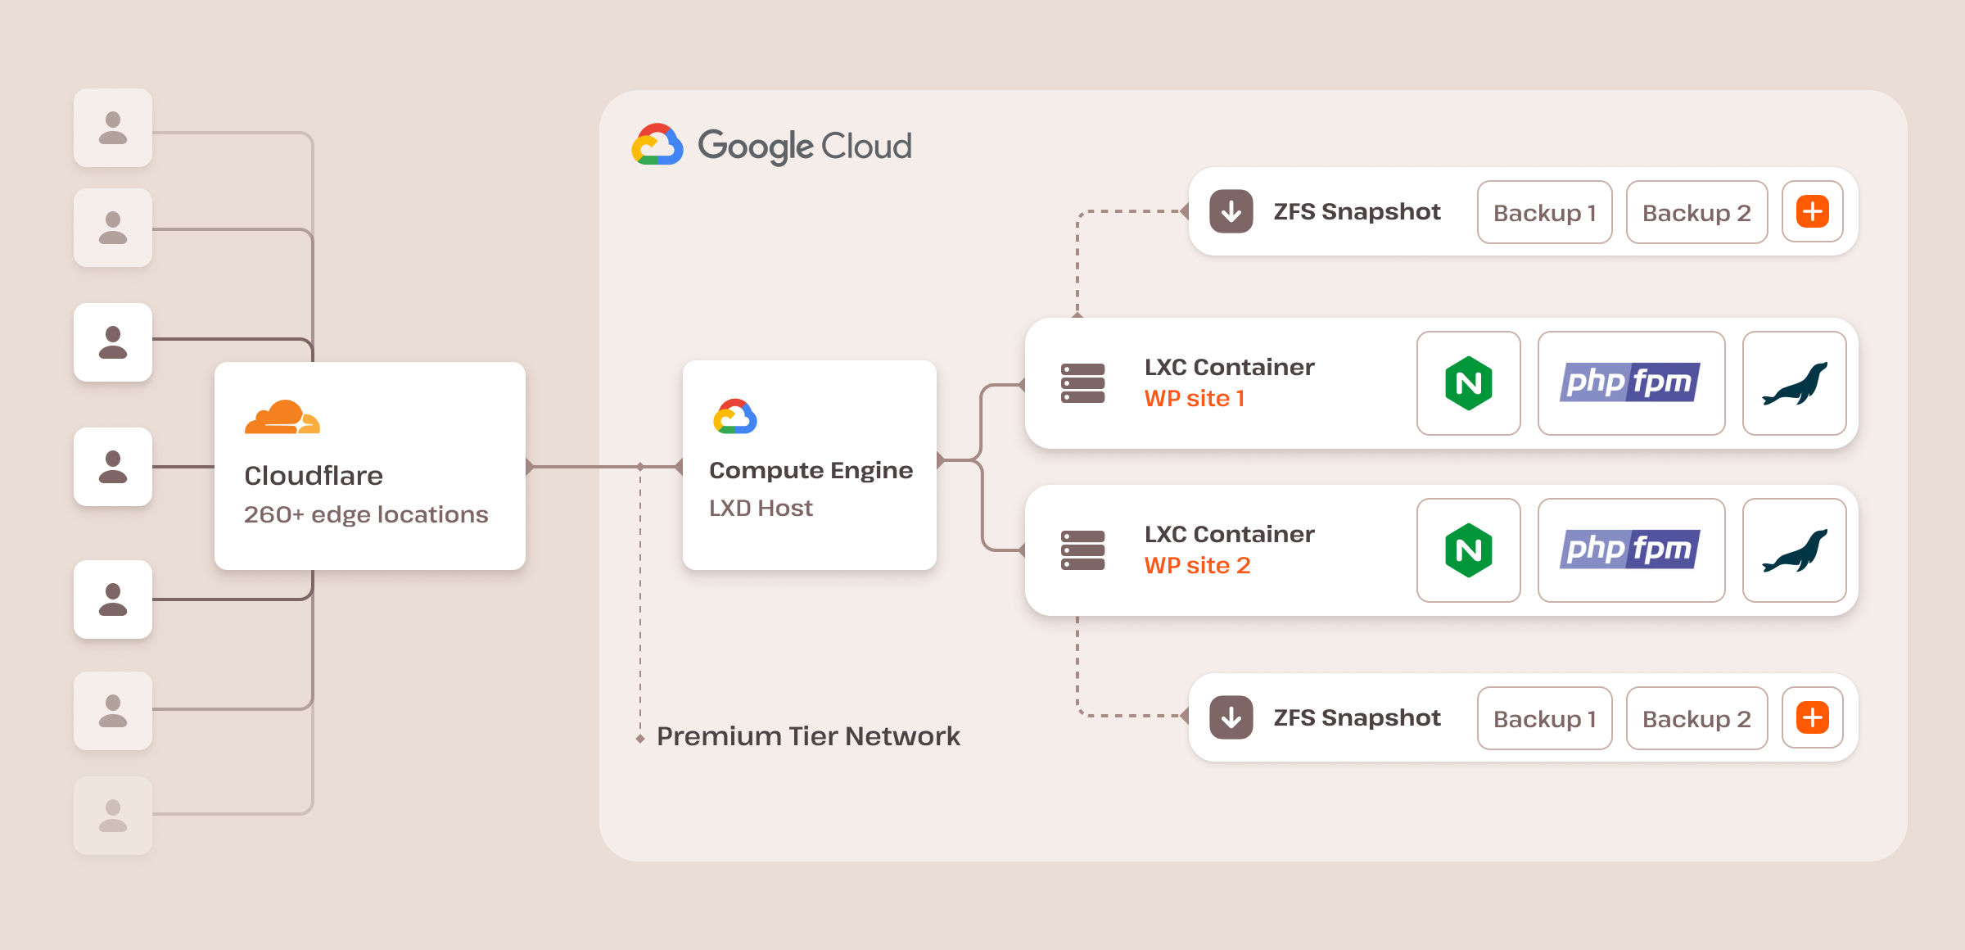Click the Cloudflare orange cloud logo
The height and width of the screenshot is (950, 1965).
click(282, 417)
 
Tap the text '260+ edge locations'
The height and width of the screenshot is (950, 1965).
click(366, 514)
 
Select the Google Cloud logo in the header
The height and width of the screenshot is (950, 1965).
click(657, 146)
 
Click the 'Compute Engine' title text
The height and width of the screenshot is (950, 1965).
click(811, 470)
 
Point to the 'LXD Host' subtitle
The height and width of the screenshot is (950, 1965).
click(761, 508)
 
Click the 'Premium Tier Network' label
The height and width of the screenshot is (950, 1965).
click(808, 736)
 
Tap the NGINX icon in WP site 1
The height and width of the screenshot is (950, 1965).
click(1468, 383)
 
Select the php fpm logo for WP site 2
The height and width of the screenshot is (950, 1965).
click(1630, 550)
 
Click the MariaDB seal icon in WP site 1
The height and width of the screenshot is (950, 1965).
click(1794, 383)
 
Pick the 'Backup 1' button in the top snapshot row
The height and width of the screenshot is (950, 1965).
click(1544, 213)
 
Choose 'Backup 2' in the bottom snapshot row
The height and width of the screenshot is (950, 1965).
click(1696, 718)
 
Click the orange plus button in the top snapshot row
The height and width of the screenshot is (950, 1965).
click(1813, 212)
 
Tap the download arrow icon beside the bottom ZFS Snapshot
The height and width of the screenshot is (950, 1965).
click(1231, 717)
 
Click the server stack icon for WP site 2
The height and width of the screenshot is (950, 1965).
click(1082, 550)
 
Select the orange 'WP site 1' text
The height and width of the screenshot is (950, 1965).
click(1195, 399)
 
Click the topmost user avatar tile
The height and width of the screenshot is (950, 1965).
click(113, 128)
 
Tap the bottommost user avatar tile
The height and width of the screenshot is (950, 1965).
click(113, 816)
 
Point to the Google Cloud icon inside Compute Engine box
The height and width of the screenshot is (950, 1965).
click(734, 417)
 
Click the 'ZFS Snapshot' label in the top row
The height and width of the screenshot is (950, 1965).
click(1357, 212)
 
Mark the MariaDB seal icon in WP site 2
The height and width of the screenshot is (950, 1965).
click(1794, 550)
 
